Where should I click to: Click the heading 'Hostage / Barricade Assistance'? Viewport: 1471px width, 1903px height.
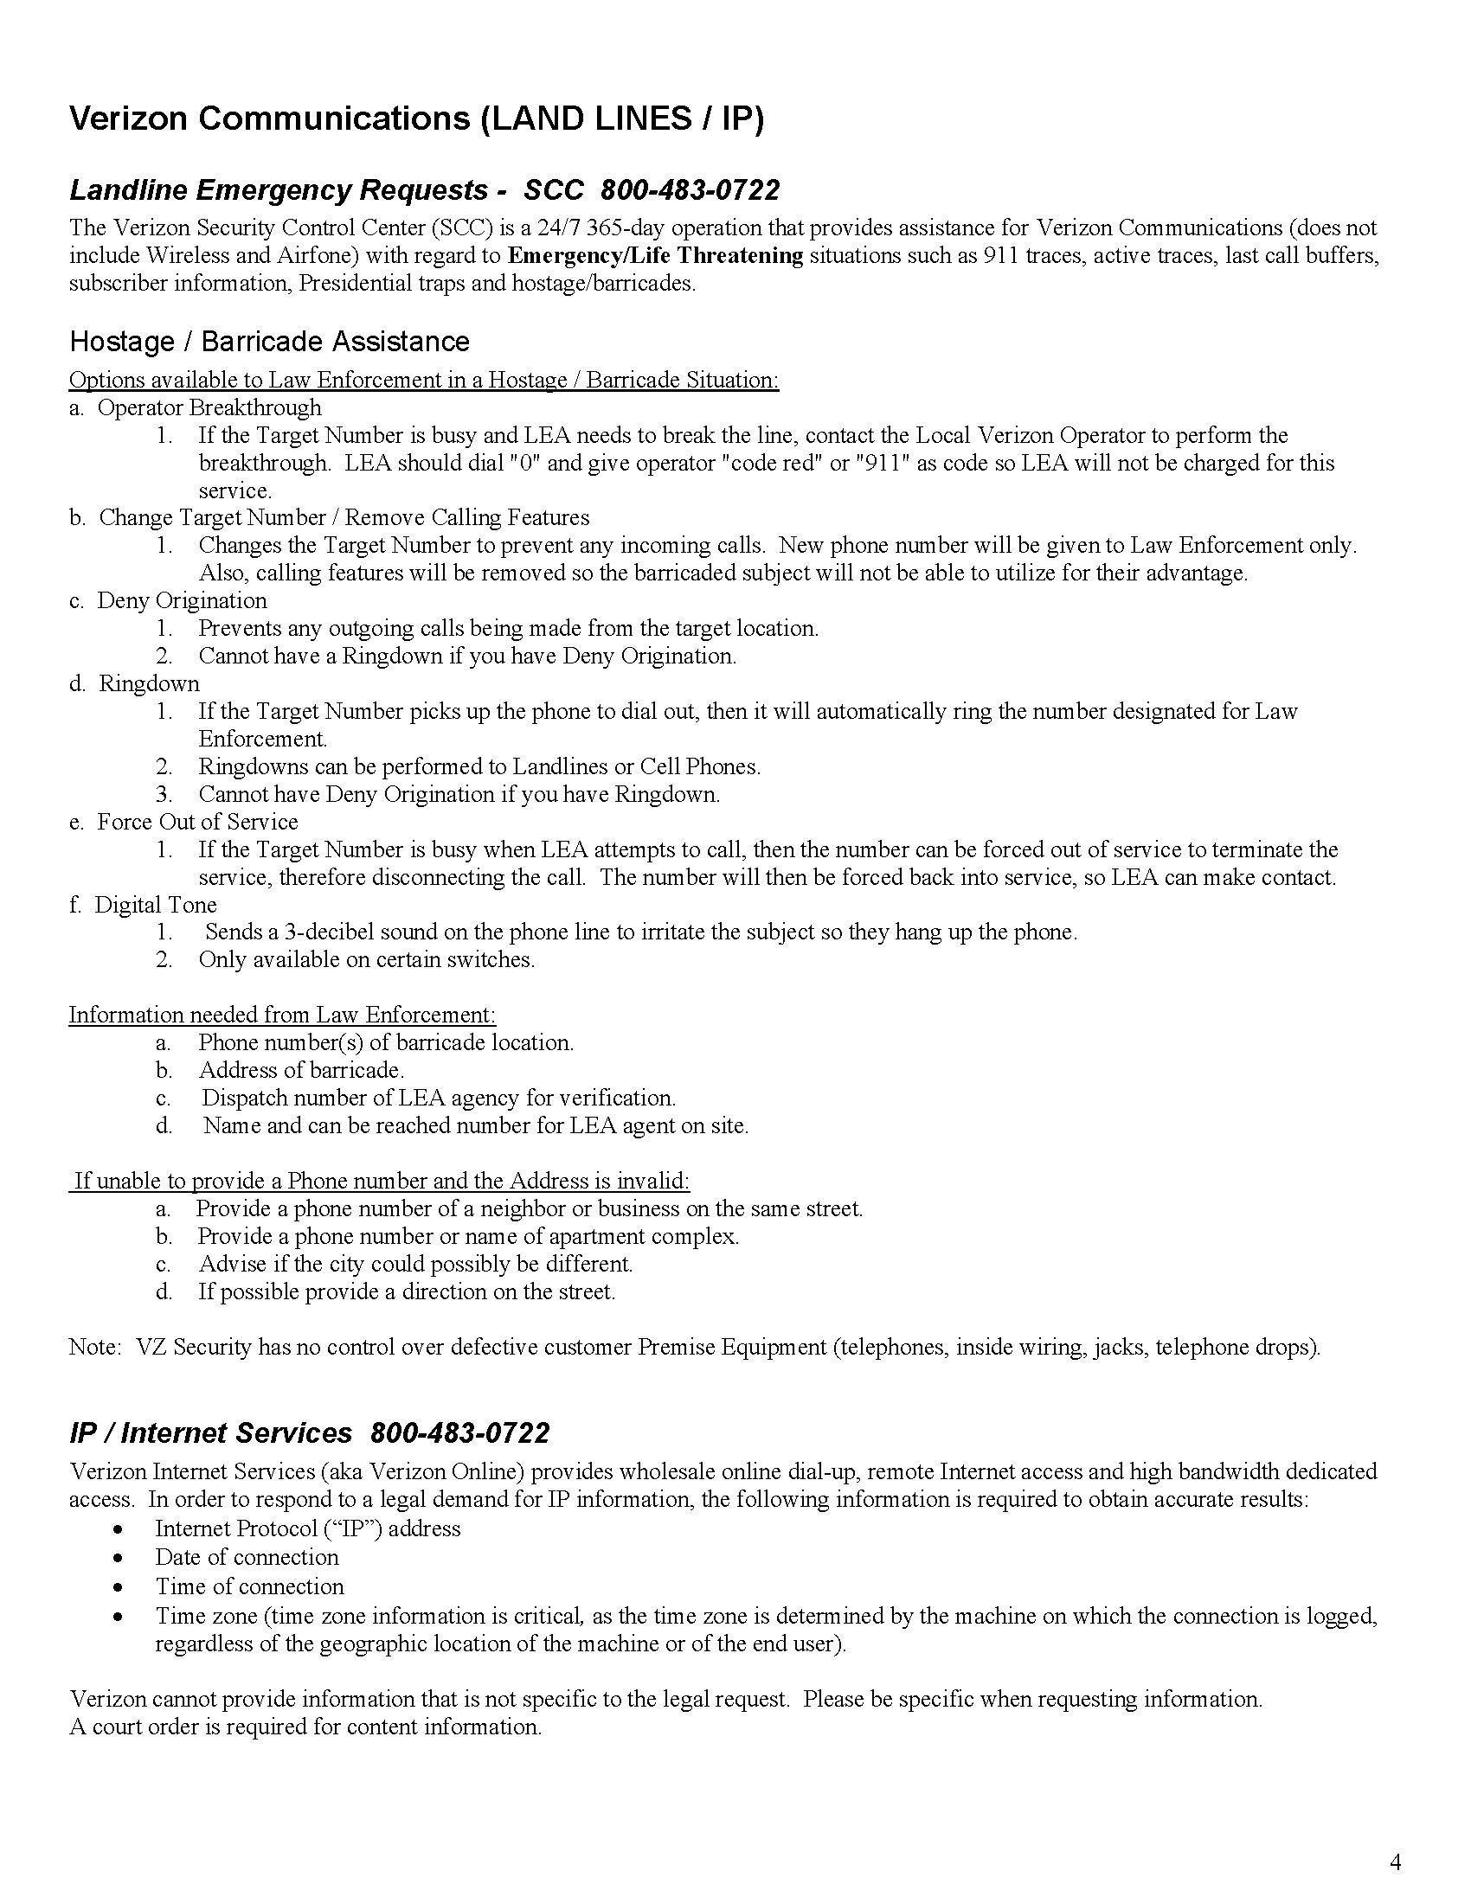coord(269,342)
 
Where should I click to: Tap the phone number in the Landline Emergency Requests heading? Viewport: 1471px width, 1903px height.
coord(691,190)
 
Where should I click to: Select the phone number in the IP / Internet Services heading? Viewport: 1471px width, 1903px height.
coord(460,1432)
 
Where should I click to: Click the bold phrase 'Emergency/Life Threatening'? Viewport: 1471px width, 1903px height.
coord(655,255)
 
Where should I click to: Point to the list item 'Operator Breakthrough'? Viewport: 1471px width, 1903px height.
coord(209,407)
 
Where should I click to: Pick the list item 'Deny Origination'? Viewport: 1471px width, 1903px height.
coord(182,600)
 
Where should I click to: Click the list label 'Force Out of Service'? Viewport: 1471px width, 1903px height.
coord(197,822)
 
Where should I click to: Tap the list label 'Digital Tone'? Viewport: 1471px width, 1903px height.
coord(155,905)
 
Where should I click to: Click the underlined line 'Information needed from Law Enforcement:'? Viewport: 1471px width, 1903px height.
coord(282,1016)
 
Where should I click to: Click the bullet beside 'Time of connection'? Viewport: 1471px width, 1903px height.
coord(118,1587)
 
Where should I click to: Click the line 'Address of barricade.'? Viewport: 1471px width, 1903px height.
coord(301,1070)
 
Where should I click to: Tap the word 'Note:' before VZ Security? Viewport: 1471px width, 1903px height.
coord(94,1347)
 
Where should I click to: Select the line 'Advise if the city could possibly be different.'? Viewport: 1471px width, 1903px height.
coord(415,1264)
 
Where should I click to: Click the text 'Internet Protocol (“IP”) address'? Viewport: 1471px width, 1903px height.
coord(308,1528)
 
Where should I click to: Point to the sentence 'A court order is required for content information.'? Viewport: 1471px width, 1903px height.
coord(305,1727)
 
